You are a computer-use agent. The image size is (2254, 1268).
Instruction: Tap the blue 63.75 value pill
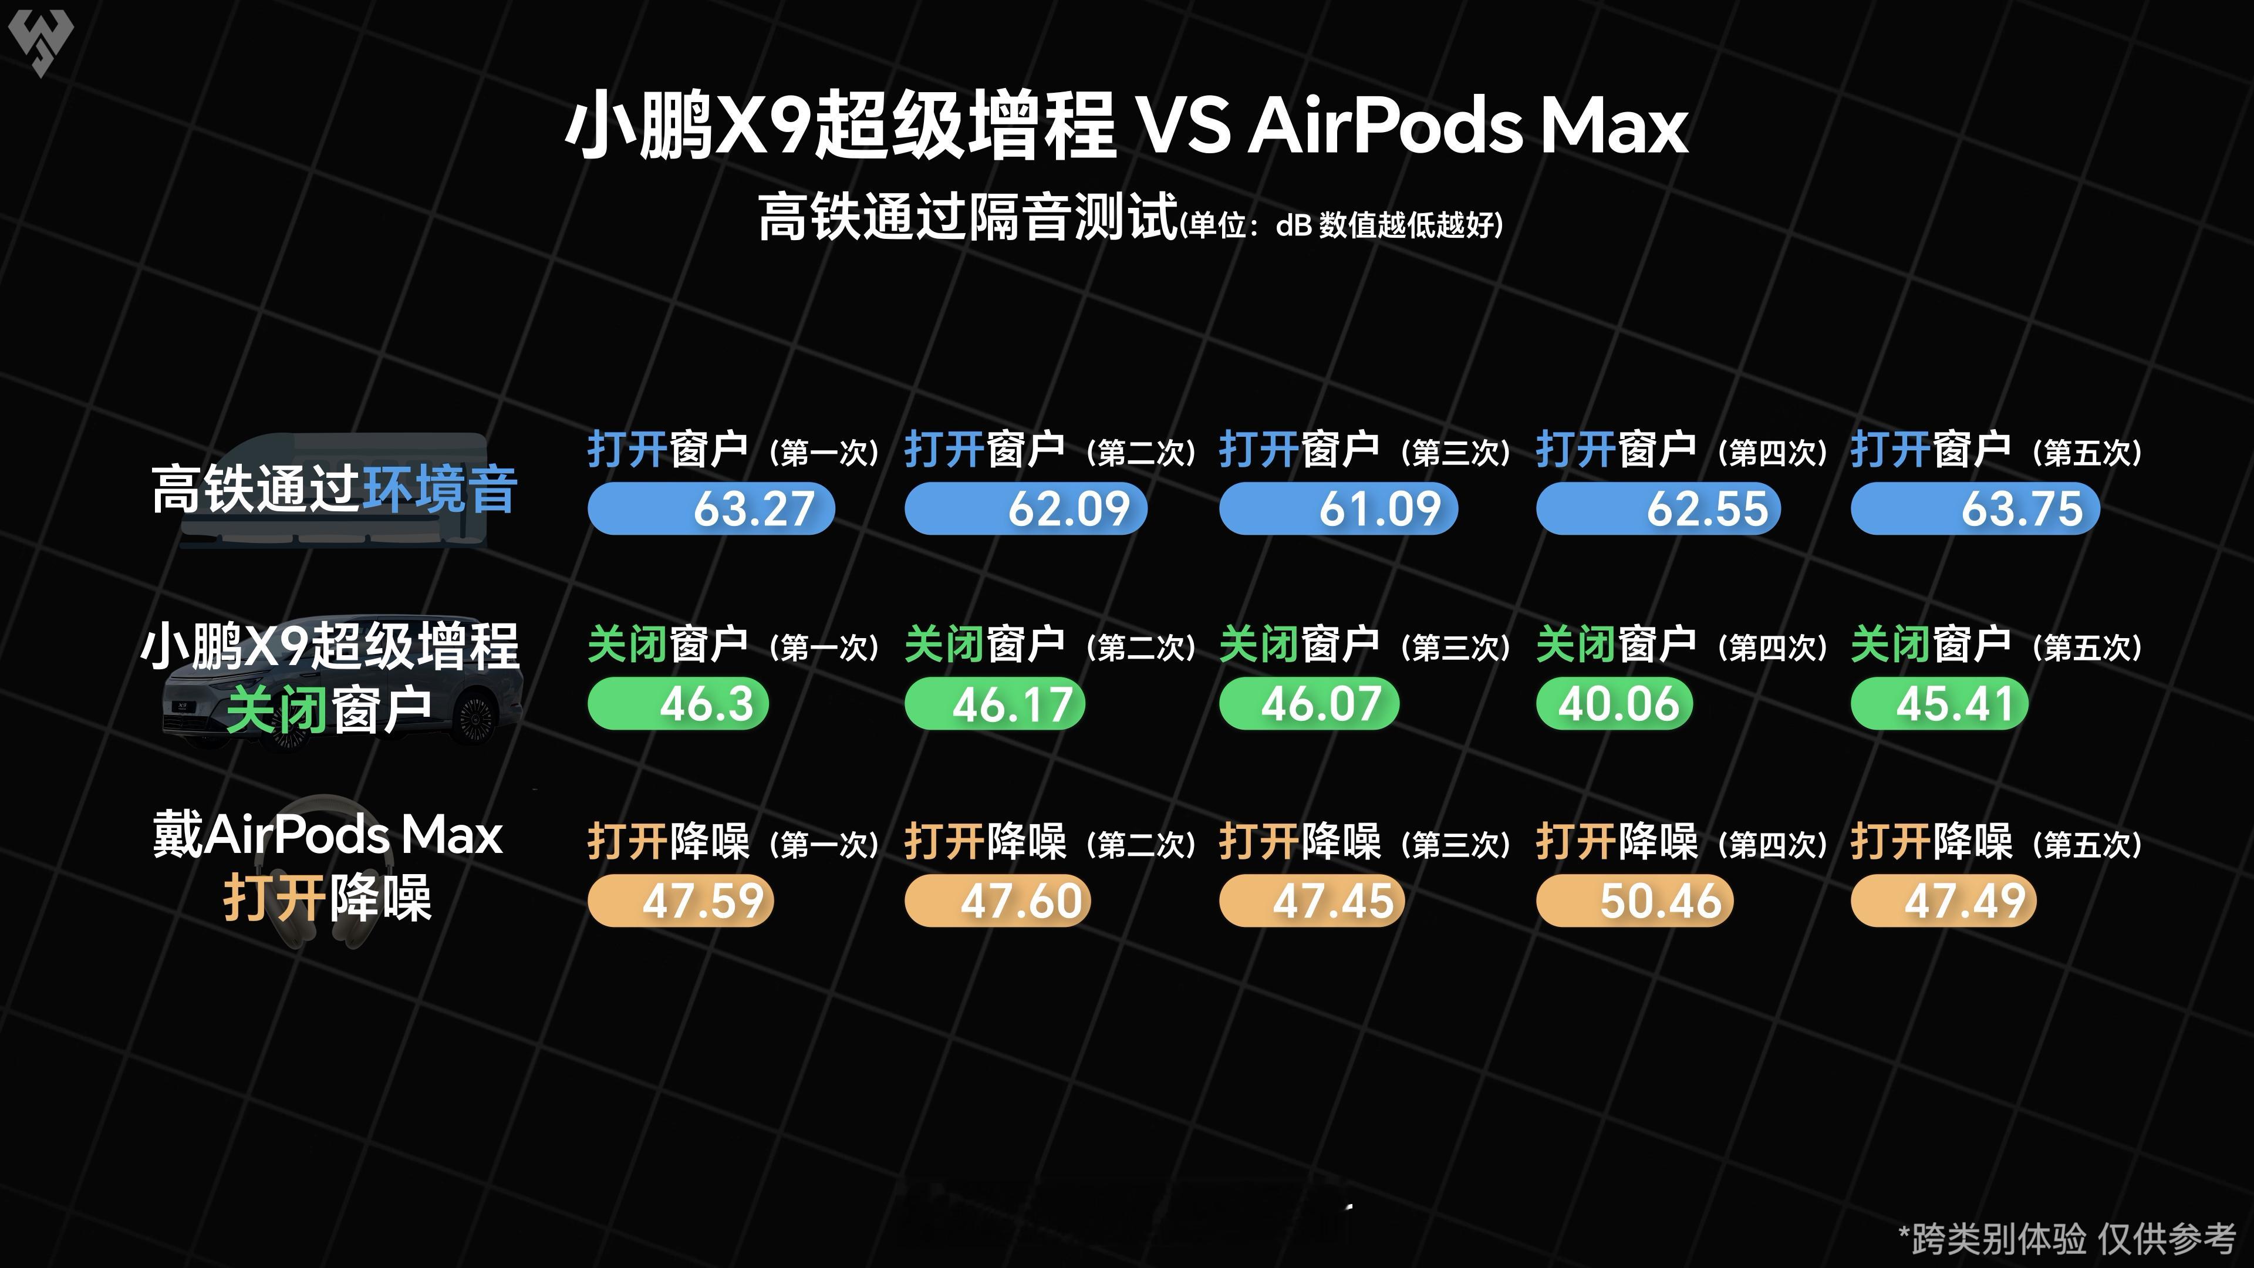click(x=1975, y=508)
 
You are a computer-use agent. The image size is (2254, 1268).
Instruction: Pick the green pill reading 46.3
click(x=678, y=704)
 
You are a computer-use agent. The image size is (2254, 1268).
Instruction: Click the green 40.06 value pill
click(x=1614, y=704)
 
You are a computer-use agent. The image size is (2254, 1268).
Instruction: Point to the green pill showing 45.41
click(x=1939, y=704)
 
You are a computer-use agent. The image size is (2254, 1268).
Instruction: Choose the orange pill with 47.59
click(x=681, y=901)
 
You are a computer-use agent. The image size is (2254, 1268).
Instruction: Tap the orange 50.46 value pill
click(x=1635, y=901)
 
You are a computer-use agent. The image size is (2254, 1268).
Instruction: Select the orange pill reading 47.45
click(x=1312, y=901)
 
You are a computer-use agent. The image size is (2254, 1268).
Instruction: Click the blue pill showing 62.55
click(x=1658, y=508)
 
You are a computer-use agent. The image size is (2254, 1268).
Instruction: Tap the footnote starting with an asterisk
click(x=2067, y=1238)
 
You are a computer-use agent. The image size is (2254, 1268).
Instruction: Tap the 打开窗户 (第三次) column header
click(x=1365, y=451)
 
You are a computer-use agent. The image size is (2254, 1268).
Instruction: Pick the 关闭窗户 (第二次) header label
click(x=1050, y=646)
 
